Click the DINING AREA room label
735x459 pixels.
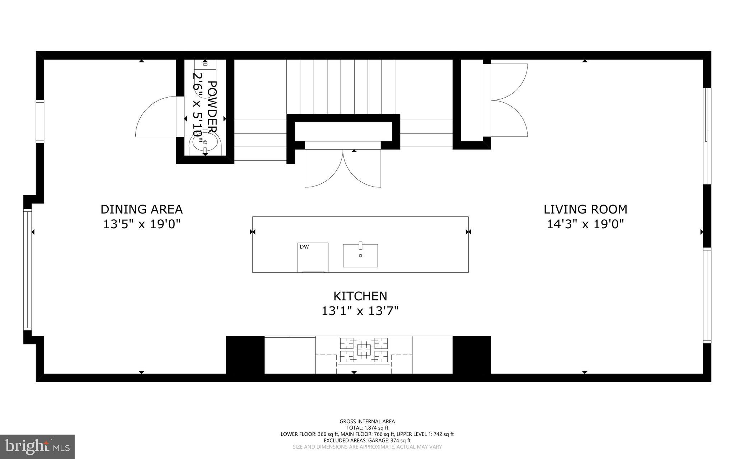tap(141, 209)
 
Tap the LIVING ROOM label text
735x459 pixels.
tap(585, 209)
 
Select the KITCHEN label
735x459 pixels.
tap(360, 296)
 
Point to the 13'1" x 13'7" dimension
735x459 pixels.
tap(360, 311)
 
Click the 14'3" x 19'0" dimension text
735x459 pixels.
tap(585, 224)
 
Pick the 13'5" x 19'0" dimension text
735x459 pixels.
tap(141, 224)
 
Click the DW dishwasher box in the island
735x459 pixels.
tap(313, 257)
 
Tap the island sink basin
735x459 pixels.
tap(360, 256)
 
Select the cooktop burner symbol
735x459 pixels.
tap(364, 350)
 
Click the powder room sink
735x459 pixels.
tap(205, 142)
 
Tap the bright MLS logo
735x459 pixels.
tap(37, 446)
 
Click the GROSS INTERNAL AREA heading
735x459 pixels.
tap(367, 421)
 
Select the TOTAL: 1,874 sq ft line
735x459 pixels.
tap(367, 428)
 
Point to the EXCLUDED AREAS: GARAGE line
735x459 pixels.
tap(367, 440)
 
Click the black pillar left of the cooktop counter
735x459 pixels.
tap(245, 355)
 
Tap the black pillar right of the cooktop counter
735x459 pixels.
tap(472, 355)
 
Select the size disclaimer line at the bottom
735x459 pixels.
tap(367, 447)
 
